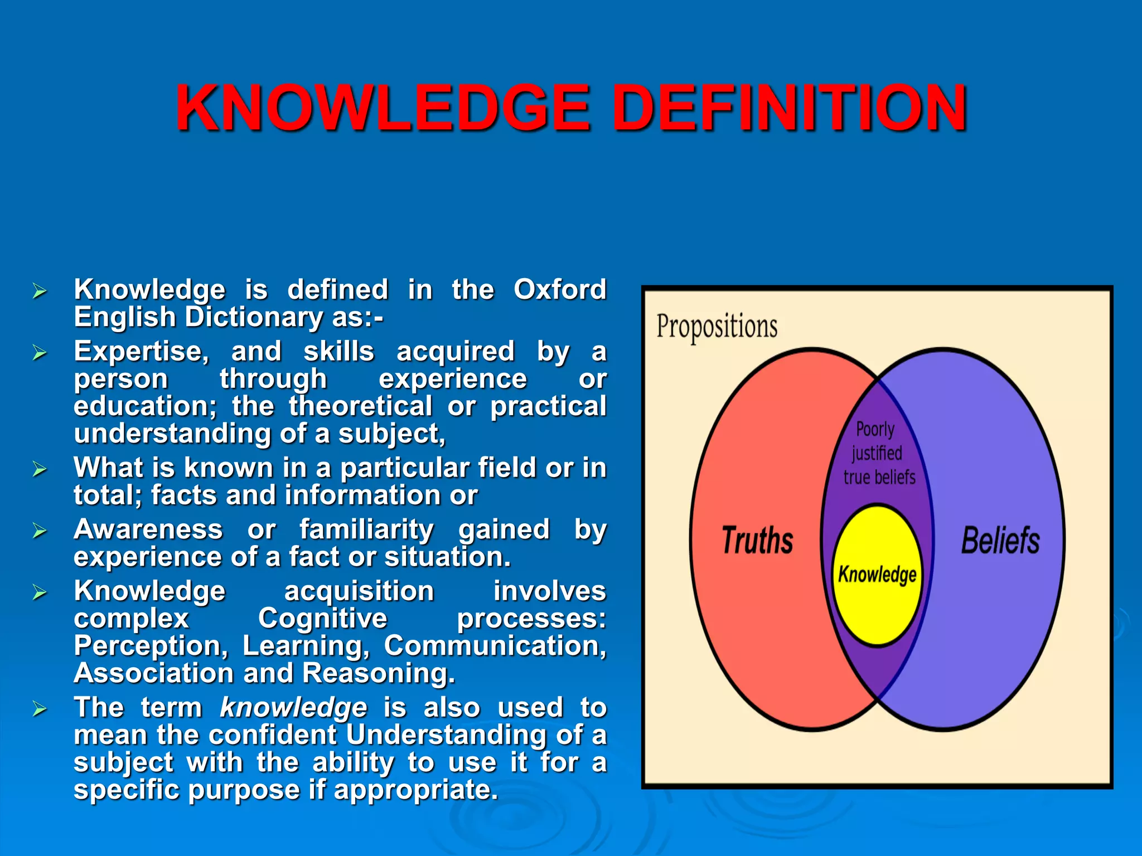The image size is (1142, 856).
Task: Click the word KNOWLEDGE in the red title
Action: click(383, 108)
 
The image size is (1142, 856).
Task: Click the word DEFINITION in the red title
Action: click(792, 108)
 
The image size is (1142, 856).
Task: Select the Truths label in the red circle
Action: click(757, 540)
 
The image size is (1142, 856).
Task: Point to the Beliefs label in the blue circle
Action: click(1000, 540)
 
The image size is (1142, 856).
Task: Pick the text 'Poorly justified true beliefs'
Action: click(878, 453)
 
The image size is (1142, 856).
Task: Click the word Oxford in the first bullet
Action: click(559, 289)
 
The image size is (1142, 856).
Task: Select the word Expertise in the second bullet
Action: click(141, 352)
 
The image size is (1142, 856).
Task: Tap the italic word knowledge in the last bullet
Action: click(293, 708)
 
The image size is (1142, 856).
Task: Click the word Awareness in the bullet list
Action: click(148, 529)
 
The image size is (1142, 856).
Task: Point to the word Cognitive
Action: click(322, 618)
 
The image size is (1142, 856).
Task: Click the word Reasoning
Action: click(378, 673)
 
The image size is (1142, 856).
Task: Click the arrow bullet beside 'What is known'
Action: click(40, 469)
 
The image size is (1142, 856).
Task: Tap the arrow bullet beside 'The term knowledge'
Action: click(40, 709)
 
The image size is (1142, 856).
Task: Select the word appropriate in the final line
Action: click(415, 790)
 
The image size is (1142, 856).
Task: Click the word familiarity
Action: click(366, 529)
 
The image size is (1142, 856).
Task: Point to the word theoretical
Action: click(360, 406)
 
